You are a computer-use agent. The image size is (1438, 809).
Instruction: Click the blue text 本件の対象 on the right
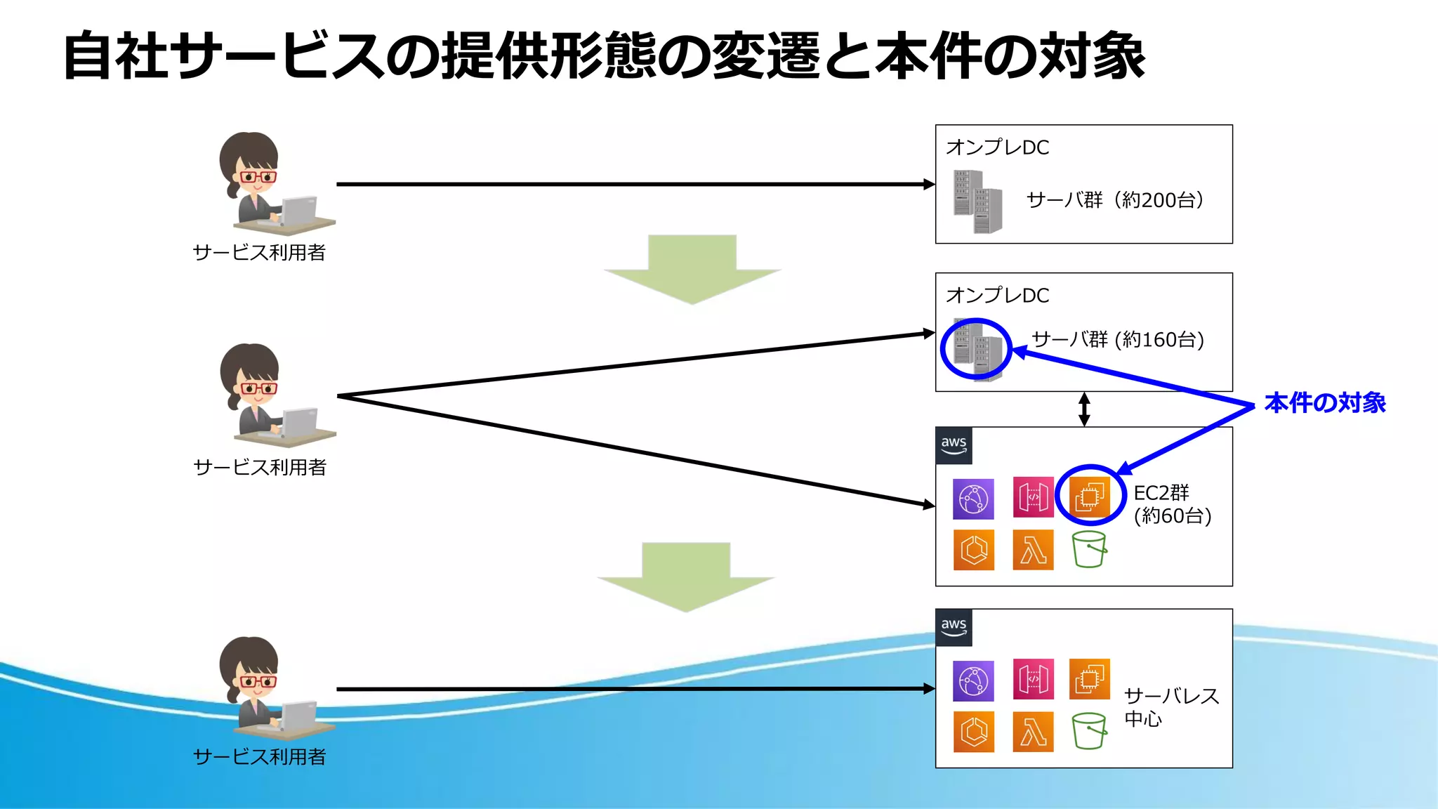[1324, 403]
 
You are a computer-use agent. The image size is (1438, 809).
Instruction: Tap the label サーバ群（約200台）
[1115, 200]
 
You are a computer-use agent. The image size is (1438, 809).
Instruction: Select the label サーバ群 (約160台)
[1118, 340]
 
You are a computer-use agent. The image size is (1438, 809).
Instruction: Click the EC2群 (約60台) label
[1171, 504]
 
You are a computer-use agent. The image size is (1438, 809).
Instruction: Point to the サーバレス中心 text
[1170, 706]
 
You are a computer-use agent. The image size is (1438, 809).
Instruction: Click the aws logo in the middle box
[954, 445]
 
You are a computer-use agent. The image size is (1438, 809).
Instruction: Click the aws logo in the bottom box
[954, 627]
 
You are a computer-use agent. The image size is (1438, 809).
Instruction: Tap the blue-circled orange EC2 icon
[1089, 496]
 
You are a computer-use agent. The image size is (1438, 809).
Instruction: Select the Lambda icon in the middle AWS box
[1033, 550]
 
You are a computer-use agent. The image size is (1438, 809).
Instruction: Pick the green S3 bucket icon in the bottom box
[1089, 731]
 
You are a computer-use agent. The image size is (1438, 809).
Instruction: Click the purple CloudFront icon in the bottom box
[973, 680]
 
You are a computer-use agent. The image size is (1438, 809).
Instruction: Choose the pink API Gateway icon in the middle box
[1033, 496]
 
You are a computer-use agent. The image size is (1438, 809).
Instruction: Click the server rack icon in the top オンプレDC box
[977, 202]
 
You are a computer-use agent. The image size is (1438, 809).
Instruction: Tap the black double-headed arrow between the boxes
[1084, 409]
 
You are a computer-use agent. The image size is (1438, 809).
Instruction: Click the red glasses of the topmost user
[258, 176]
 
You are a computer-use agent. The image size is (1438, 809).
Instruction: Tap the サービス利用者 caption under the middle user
[260, 467]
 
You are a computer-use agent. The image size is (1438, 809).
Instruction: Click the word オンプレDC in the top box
[997, 147]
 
